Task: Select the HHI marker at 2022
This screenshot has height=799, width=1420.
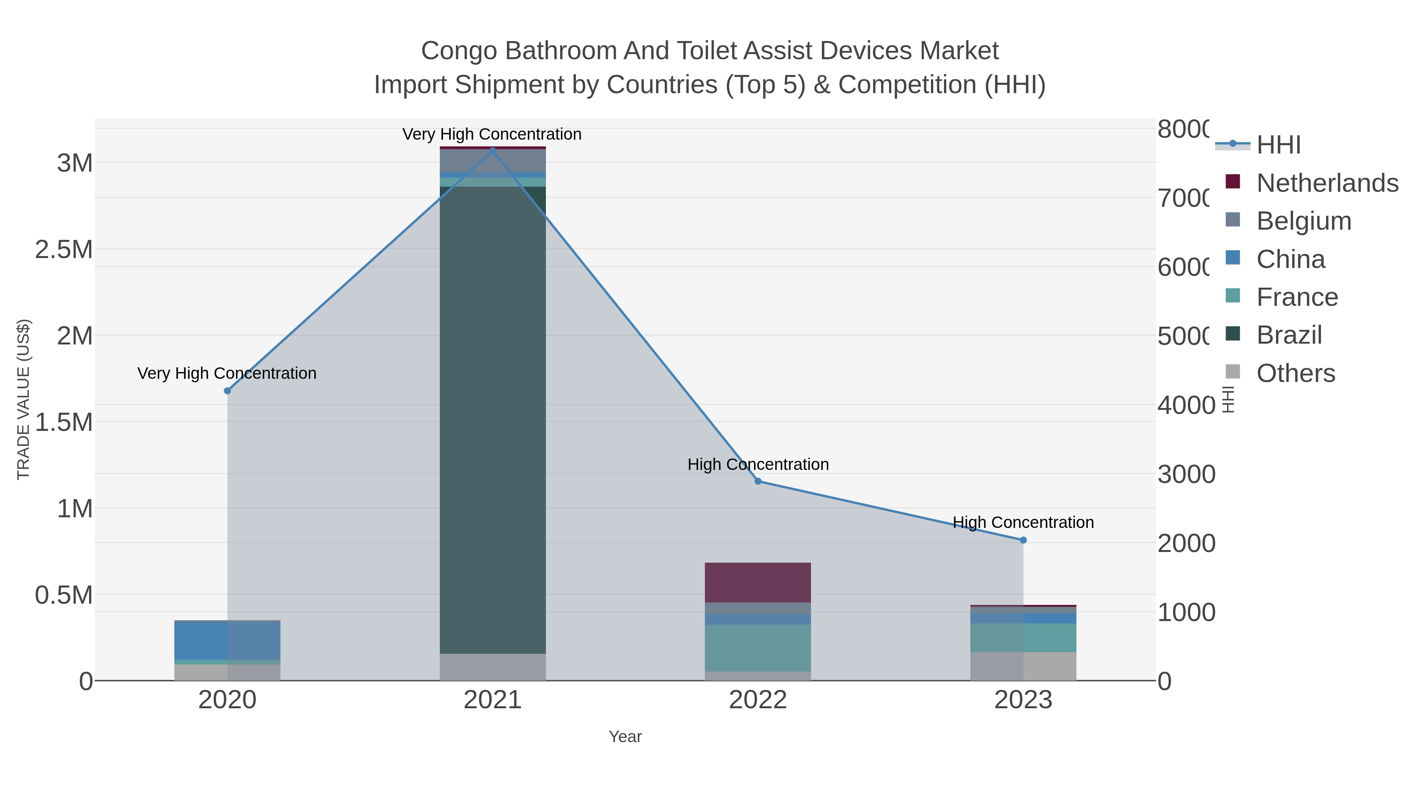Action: pos(758,481)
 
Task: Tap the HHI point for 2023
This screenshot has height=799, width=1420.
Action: pos(1024,541)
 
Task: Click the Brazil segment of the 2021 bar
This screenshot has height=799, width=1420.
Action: pos(492,419)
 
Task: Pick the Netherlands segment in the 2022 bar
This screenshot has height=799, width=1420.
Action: pos(758,582)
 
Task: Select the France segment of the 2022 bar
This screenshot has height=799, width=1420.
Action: pos(758,647)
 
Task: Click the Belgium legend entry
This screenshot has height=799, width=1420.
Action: pos(1304,221)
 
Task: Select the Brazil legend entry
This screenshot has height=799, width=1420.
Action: pos(1289,335)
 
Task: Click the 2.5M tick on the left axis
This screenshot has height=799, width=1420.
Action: pos(64,250)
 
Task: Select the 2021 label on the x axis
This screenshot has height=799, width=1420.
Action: pos(492,700)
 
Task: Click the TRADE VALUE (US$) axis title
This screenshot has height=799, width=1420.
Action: pos(23,399)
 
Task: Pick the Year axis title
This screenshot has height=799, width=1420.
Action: pos(625,737)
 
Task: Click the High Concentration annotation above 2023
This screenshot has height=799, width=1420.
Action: pos(1023,522)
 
